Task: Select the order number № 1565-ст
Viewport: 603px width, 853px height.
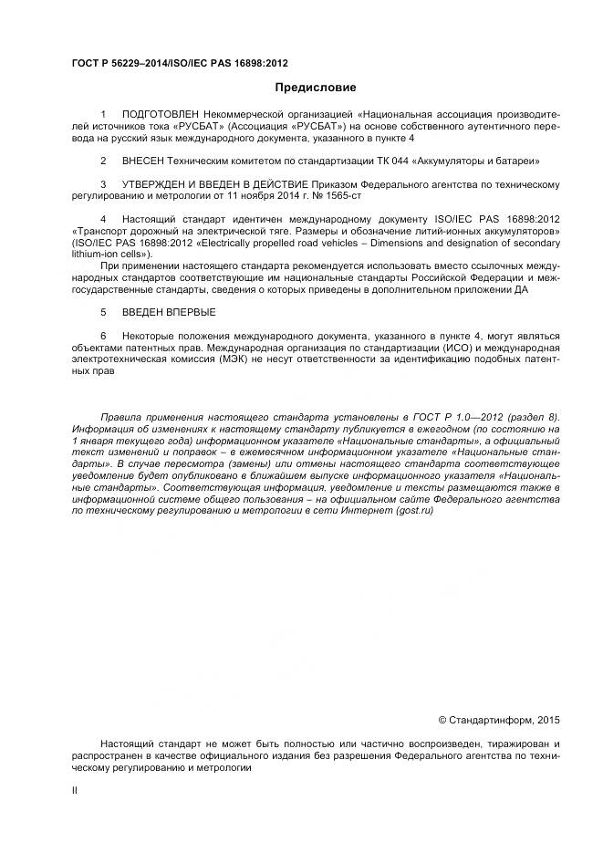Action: (339, 196)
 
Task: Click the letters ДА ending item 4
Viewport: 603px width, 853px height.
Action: (520, 289)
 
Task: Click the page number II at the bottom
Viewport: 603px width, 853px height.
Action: (75, 792)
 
